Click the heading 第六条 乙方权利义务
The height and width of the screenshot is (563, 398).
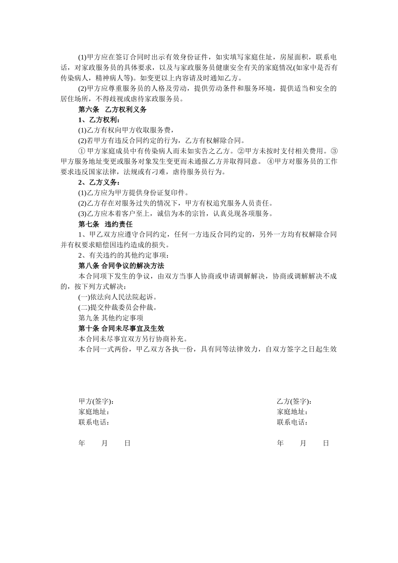(112, 110)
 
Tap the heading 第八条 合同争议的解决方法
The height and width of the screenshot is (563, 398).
(121, 266)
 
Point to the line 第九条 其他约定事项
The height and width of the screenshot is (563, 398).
(111, 318)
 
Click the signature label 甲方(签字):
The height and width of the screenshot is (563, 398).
(96, 401)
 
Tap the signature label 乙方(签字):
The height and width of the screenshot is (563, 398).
(294, 401)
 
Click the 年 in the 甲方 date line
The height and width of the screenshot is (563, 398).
(82, 443)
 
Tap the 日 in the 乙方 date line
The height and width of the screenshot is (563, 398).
(326, 443)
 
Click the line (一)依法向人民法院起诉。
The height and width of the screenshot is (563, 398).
(118, 297)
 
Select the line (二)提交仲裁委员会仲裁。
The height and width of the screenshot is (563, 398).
(118, 307)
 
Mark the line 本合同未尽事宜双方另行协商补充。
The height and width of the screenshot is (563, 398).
(133, 339)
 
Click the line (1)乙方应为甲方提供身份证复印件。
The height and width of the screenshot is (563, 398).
(133, 193)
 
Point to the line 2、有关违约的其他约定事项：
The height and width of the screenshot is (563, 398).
(123, 256)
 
